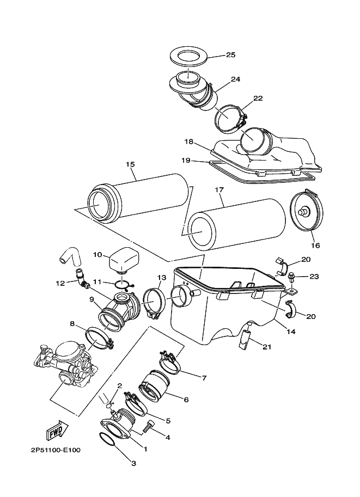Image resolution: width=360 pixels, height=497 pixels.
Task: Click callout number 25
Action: pyautogui.click(x=230, y=55)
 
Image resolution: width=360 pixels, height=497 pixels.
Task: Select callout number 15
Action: pyautogui.click(x=130, y=164)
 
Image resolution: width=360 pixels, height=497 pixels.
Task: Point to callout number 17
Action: pyautogui.click(x=219, y=190)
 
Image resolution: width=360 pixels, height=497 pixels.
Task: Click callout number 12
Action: pyautogui.click(x=60, y=283)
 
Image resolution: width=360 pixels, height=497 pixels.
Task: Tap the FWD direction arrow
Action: pyautogui.click(x=55, y=432)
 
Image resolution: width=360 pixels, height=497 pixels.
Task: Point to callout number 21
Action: pyautogui.click(x=266, y=347)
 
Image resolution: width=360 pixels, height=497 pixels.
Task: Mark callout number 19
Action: pyautogui.click(x=185, y=161)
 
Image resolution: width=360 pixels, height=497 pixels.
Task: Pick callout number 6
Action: pyautogui.click(x=186, y=400)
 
